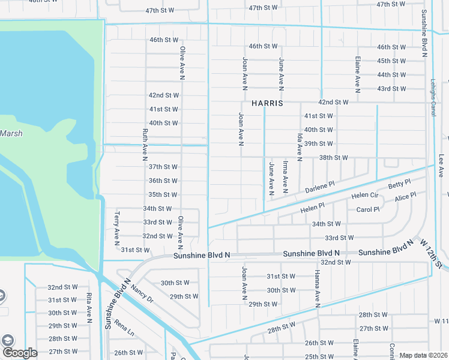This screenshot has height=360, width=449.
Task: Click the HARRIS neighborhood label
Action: click(267, 103)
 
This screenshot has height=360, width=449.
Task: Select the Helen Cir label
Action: click(364, 196)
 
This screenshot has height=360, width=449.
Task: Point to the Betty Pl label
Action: click(399, 184)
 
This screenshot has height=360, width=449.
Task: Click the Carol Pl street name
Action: click(368, 210)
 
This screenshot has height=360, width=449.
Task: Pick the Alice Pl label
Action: click(405, 197)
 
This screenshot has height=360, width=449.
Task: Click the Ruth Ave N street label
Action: click(145, 145)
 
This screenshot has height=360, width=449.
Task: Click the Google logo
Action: click(19, 353)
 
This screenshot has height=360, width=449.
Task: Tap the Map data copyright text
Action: click(423, 355)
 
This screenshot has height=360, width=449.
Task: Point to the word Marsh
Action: click(11, 133)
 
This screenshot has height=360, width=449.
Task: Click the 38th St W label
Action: click(334, 158)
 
